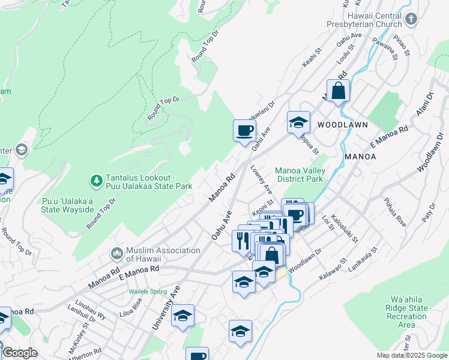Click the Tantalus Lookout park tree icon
pos(96,180)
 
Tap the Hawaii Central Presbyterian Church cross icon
pos(411,19)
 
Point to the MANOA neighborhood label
pos(360,157)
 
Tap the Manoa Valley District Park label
pos(299,175)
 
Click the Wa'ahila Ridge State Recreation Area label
pos(407,312)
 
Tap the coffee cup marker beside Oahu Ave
pos(244,131)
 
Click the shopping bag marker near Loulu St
pos(339,92)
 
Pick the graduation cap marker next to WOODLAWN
pos(298,123)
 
